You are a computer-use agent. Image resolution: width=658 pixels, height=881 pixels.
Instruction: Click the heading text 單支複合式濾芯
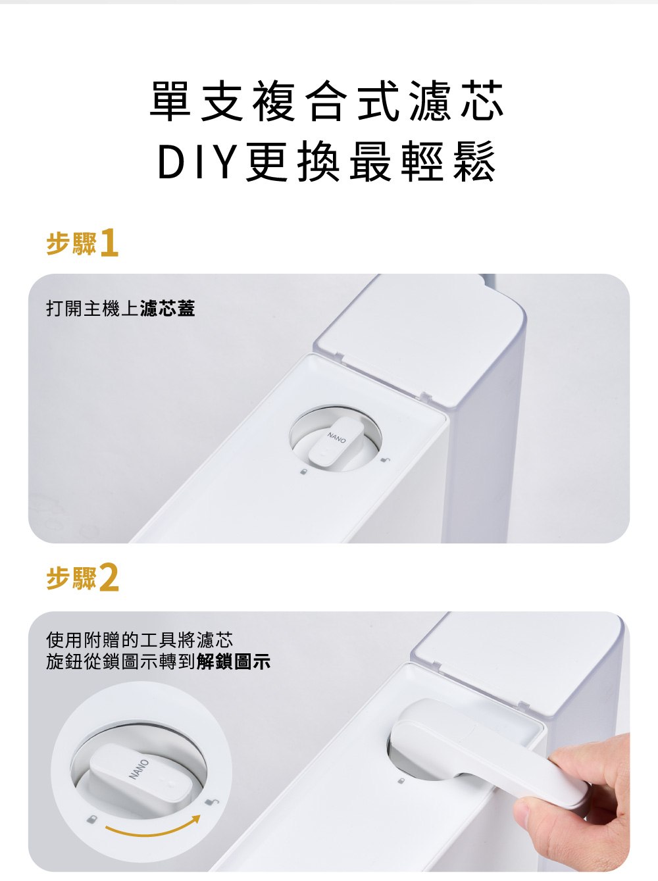[x=326, y=101]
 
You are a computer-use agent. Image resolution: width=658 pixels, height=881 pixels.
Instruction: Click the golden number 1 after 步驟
[x=109, y=243]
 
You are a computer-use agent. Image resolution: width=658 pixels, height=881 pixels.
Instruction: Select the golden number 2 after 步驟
[x=109, y=578]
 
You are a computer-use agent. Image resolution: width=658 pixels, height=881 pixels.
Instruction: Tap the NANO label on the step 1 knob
[x=336, y=438]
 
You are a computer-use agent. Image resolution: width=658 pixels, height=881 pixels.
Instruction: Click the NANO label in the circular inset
[x=138, y=769]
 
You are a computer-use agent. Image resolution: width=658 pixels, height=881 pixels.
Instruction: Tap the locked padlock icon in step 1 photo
[x=304, y=471]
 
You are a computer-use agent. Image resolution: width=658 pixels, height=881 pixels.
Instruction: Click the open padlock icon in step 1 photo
[x=385, y=459]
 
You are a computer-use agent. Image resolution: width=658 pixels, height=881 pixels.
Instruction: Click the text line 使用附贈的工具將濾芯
[x=139, y=640]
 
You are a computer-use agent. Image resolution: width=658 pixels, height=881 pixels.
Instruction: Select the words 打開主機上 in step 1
[x=93, y=309]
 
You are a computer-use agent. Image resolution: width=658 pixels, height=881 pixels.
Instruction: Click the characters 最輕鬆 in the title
[x=423, y=161]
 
